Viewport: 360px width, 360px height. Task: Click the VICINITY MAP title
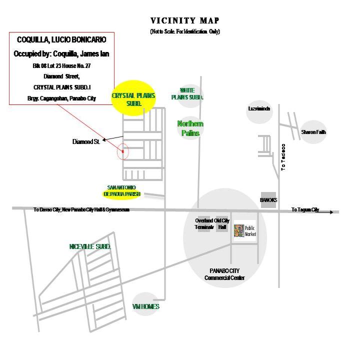[185, 21]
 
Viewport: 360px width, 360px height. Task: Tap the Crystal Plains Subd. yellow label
[133, 99]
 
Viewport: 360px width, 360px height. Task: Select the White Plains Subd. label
[187, 93]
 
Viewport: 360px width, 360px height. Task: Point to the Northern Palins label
[190, 128]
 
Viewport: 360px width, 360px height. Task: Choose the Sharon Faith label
[313, 132]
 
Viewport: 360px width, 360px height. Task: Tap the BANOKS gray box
[268, 199]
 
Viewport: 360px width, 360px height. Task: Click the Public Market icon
[239, 231]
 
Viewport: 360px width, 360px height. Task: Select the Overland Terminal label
[204, 223]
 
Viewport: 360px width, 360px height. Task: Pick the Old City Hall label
[222, 223]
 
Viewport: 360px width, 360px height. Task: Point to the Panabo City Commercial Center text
[224, 274]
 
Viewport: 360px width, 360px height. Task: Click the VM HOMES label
[146, 306]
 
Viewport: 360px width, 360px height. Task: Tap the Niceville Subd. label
[90, 247]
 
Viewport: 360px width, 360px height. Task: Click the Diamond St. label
[86, 142]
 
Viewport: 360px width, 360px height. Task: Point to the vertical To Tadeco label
[283, 157]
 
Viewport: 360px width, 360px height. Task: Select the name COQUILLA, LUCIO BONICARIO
[62, 39]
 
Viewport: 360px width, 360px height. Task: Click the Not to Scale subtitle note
[185, 32]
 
